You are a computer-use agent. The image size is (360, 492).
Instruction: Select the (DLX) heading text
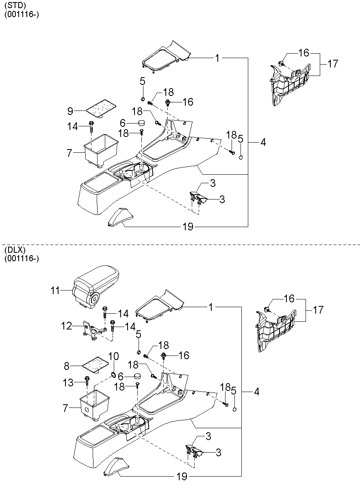click(x=15, y=250)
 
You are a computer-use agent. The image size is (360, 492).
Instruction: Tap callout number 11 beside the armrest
click(x=55, y=290)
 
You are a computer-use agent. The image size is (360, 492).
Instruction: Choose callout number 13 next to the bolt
click(x=68, y=383)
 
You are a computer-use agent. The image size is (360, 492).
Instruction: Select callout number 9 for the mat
click(x=70, y=111)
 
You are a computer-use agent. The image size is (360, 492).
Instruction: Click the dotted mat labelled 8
click(x=95, y=365)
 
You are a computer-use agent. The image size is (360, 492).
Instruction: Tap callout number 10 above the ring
click(x=114, y=356)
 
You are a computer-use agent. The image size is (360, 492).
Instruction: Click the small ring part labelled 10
click(x=113, y=375)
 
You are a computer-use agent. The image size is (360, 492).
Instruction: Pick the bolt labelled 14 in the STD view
click(x=91, y=126)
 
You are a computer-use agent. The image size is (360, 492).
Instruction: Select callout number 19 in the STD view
click(x=188, y=227)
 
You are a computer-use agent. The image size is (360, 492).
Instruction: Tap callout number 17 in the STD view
click(x=333, y=64)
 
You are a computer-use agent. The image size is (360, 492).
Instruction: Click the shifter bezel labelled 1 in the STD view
click(x=166, y=57)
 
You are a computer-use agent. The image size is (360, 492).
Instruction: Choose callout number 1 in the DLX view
click(x=211, y=307)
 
